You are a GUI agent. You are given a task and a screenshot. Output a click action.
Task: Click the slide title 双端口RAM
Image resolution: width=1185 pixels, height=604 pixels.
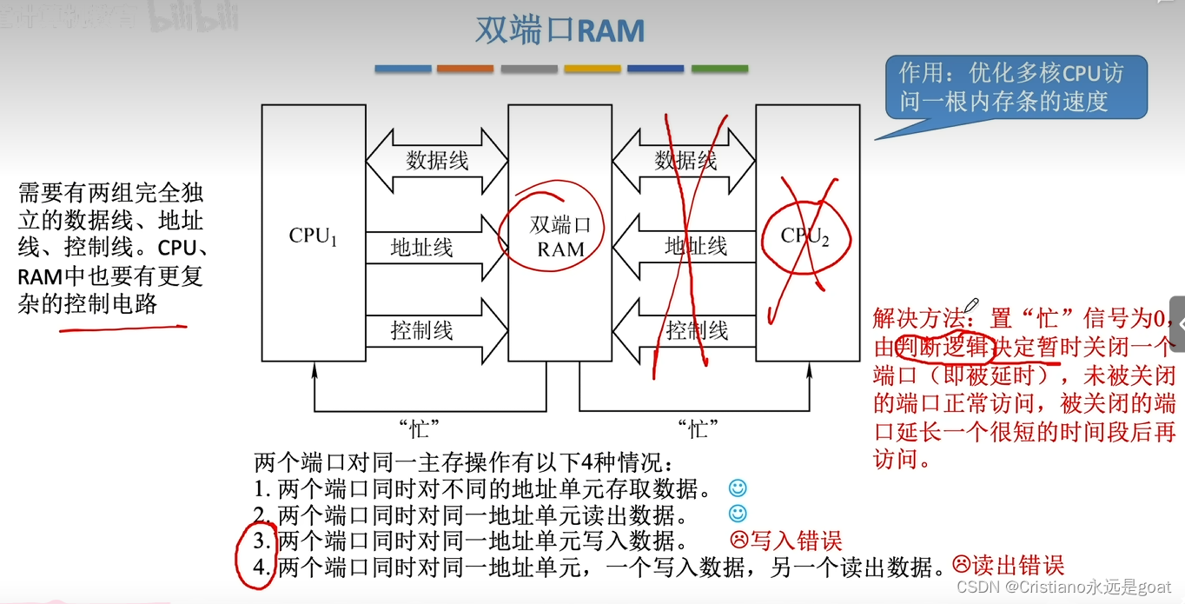click(559, 30)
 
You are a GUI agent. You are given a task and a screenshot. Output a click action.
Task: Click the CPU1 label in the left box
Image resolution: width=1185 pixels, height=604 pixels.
click(313, 236)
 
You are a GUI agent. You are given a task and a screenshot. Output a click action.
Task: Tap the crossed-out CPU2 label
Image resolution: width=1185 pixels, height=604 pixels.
click(804, 236)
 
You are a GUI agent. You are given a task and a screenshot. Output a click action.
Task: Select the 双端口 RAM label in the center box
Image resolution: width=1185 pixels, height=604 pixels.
click(560, 237)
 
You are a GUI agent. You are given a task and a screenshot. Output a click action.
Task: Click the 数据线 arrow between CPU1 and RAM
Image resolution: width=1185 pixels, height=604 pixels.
click(437, 161)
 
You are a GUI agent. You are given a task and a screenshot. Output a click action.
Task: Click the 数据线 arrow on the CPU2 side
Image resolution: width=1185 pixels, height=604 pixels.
click(685, 161)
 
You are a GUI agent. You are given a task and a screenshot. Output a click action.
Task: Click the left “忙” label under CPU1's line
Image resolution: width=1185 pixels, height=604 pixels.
click(419, 428)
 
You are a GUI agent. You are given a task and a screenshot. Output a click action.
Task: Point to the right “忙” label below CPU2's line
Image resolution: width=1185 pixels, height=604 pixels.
click(698, 428)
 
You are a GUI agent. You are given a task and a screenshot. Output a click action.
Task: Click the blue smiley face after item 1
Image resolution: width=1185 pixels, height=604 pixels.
click(738, 488)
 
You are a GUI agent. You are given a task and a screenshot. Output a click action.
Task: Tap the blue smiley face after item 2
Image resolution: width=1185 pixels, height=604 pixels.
click(738, 514)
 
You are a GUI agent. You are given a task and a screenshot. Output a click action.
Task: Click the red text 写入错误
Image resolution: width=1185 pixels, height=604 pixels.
click(796, 541)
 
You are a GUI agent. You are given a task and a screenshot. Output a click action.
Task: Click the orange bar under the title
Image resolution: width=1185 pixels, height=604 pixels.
click(465, 69)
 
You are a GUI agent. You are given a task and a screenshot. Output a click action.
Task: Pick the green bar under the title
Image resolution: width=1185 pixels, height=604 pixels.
click(719, 69)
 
